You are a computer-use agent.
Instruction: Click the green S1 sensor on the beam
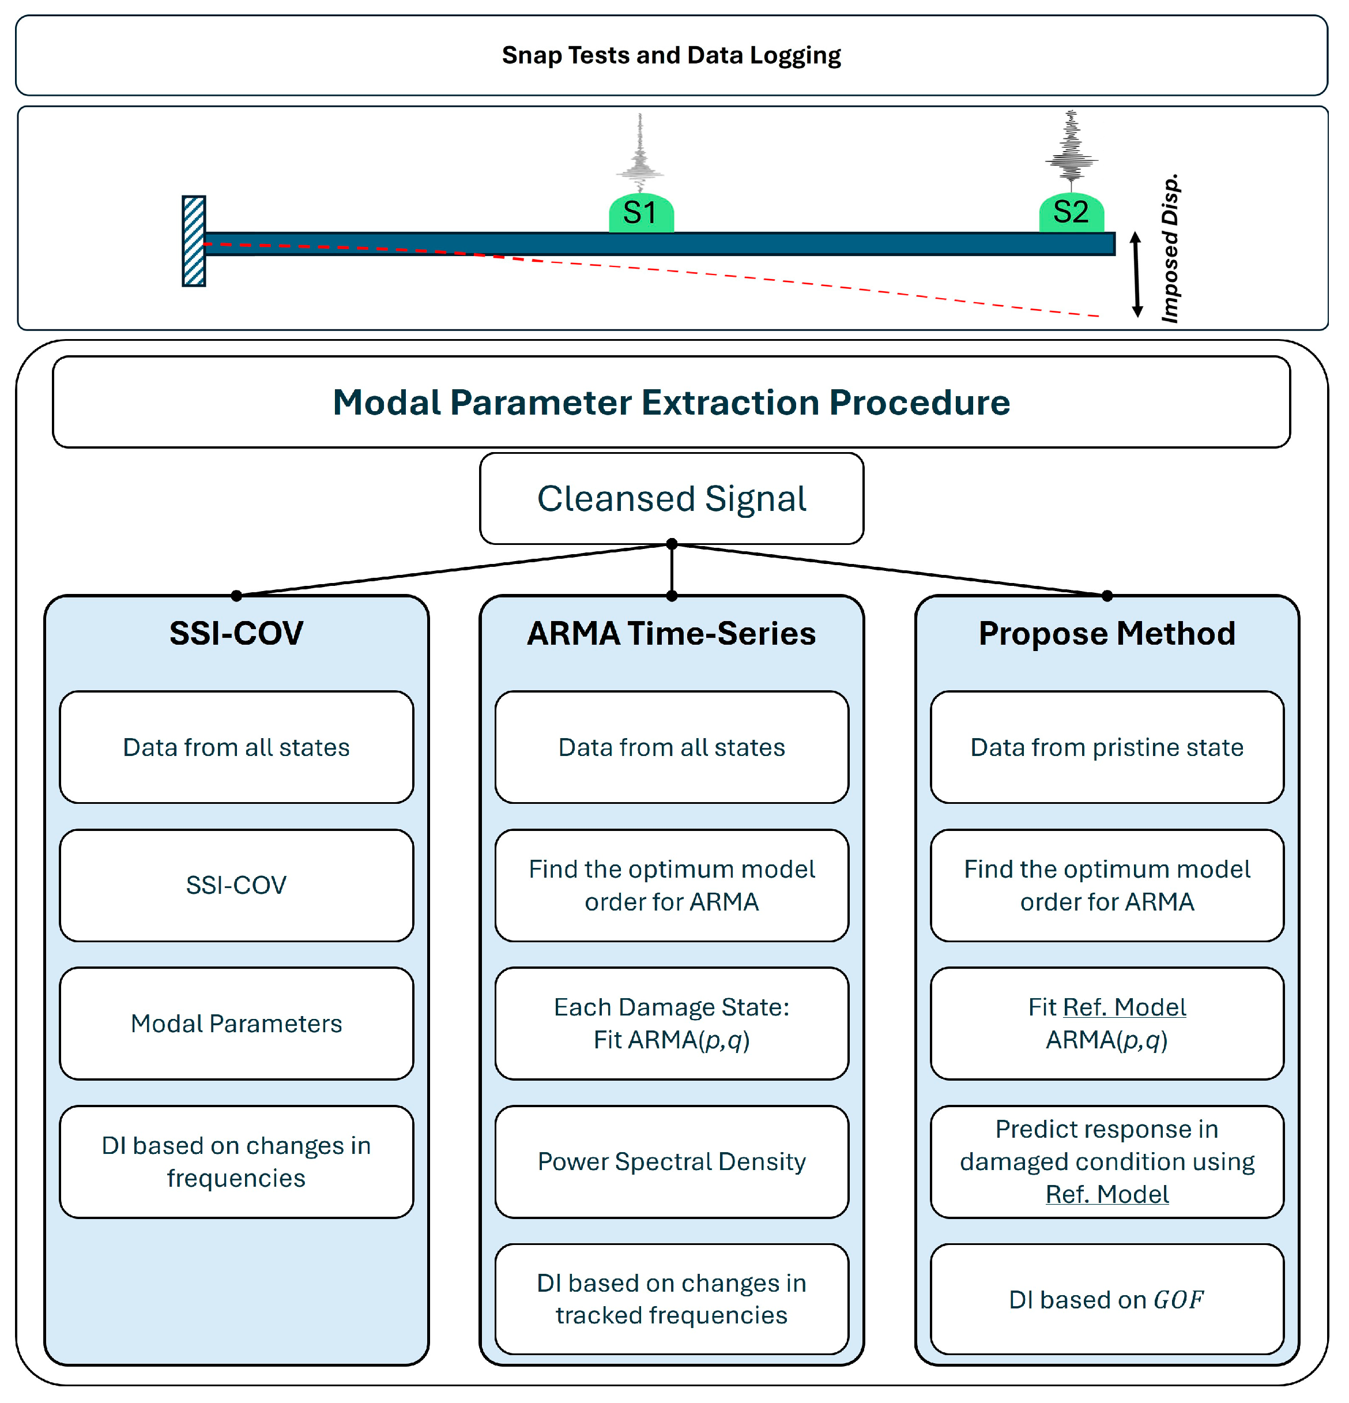coord(640,213)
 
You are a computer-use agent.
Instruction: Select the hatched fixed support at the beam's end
coord(194,241)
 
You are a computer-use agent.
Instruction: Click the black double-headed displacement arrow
coord(1136,274)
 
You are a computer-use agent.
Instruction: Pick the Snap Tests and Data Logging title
coord(671,55)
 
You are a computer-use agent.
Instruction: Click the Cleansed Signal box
coord(671,499)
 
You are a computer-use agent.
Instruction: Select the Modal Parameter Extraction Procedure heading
coord(671,403)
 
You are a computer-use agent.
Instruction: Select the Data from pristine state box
coord(1106,747)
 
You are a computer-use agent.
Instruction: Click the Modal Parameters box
coord(236,1024)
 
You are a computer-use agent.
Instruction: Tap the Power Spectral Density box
coord(671,1161)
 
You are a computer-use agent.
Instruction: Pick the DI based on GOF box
coord(1106,1299)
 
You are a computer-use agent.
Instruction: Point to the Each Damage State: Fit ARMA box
coord(671,1024)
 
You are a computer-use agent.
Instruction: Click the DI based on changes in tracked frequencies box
coord(671,1299)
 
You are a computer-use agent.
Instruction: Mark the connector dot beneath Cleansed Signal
coord(671,544)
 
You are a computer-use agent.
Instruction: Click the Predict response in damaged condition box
coord(1106,1161)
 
